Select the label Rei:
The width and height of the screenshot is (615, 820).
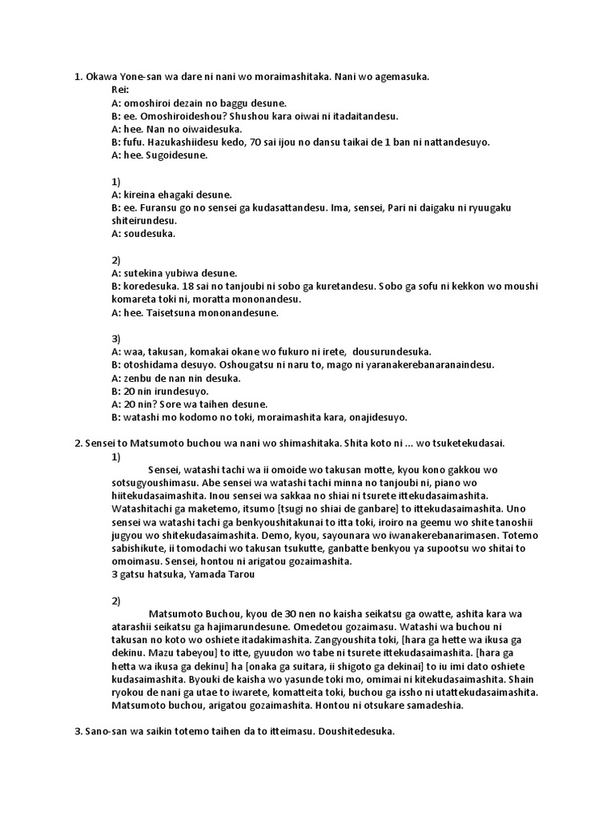point(121,90)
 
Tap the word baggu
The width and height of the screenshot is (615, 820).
point(231,103)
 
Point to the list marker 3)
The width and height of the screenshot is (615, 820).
point(116,339)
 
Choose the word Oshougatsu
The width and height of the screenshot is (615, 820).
point(241,364)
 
